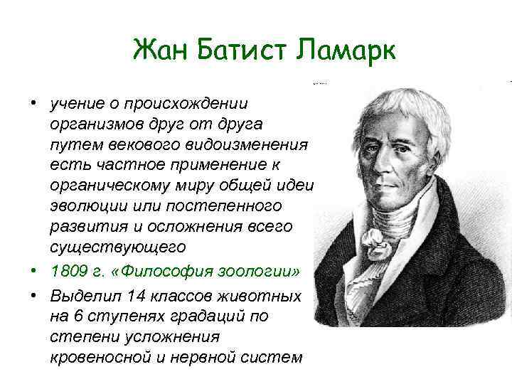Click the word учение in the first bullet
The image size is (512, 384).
pos(75,104)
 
